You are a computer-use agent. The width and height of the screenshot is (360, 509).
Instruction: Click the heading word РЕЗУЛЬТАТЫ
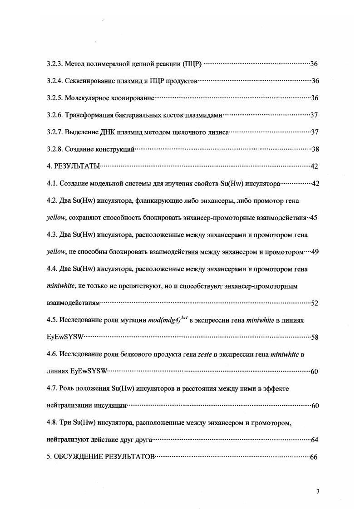coord(77,166)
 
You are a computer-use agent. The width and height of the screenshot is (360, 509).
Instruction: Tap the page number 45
coord(313,218)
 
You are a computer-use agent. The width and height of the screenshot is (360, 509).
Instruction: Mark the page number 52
coord(314,303)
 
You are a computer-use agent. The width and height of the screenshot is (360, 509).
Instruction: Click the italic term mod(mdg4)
coord(165,321)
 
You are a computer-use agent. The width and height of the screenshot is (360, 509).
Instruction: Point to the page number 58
coord(314,338)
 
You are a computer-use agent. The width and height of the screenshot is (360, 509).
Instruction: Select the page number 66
coord(313,457)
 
